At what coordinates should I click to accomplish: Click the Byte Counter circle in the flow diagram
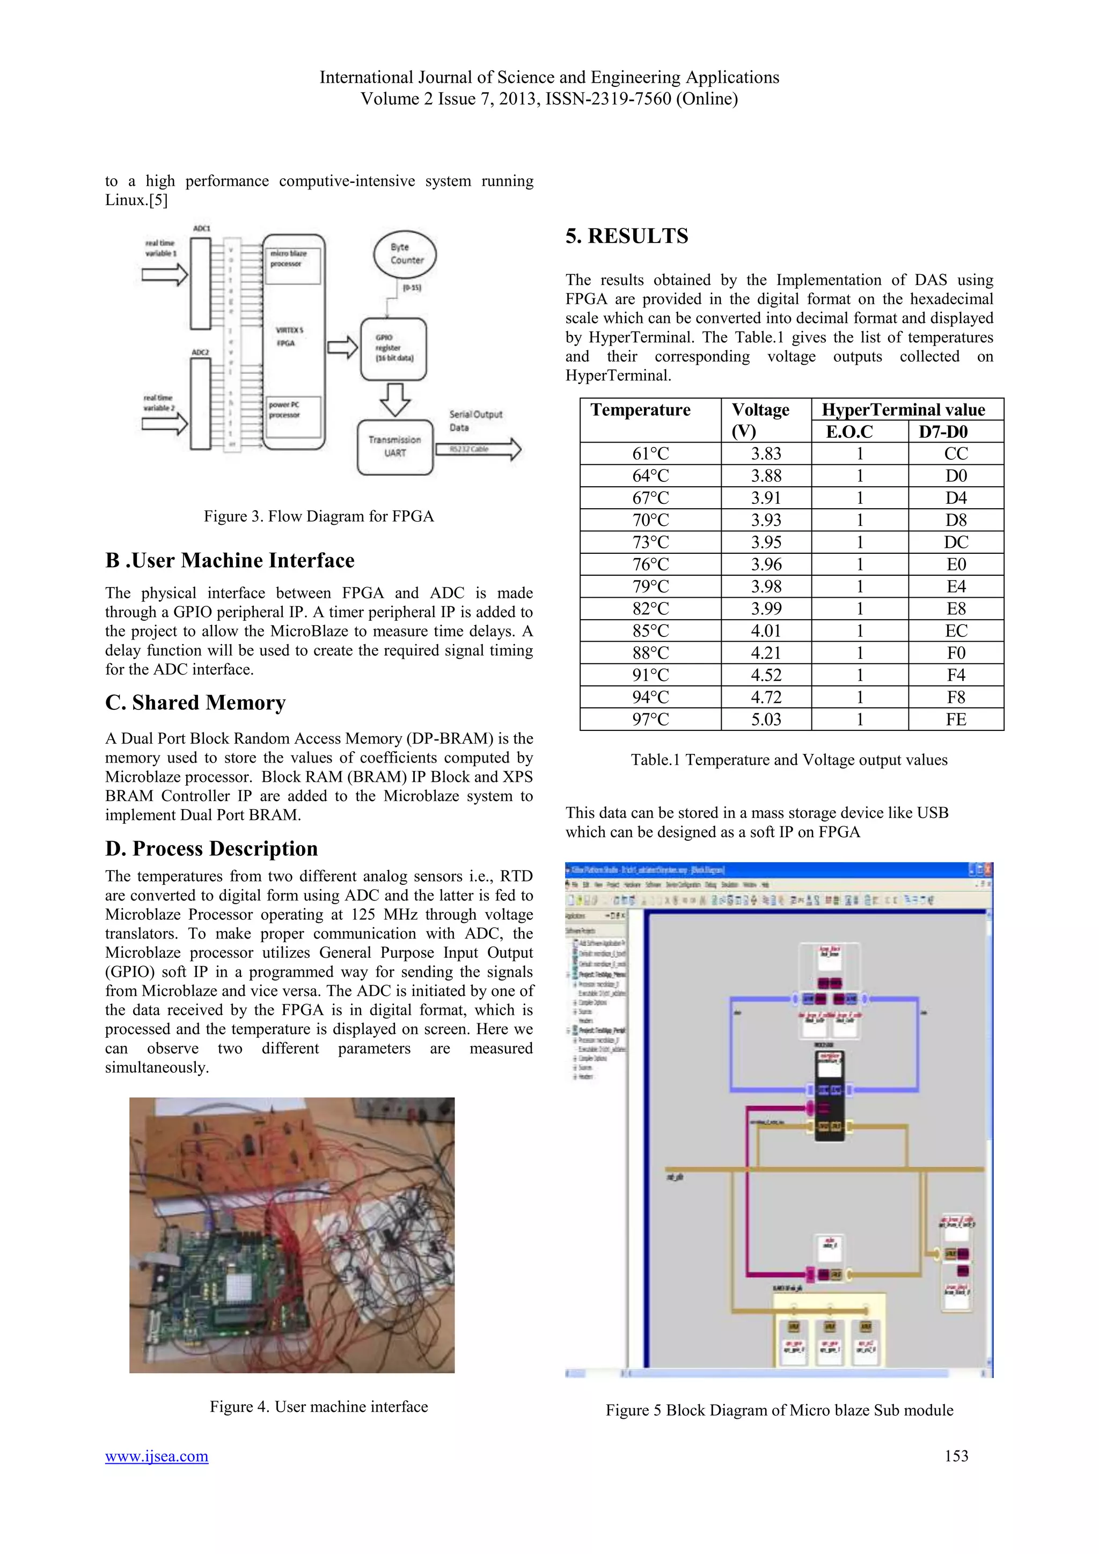tap(405, 254)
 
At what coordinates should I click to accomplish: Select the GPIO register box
tap(393, 349)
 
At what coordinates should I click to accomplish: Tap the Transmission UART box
tap(394, 446)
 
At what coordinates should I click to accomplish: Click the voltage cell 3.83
tap(766, 453)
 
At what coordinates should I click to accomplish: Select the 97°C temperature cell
tap(650, 720)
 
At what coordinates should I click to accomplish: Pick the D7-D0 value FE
tap(956, 720)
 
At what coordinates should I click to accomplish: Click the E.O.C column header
tap(849, 432)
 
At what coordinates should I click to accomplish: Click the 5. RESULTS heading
tap(627, 236)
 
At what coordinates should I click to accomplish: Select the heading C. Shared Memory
tap(195, 702)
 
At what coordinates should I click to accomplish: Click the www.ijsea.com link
tap(156, 1456)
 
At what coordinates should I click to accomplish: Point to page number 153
tap(956, 1456)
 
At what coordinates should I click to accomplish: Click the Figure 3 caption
tap(319, 516)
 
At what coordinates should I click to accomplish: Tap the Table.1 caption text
tap(789, 760)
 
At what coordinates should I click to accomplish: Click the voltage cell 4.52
tap(766, 675)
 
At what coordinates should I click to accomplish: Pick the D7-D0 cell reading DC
tap(956, 542)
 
